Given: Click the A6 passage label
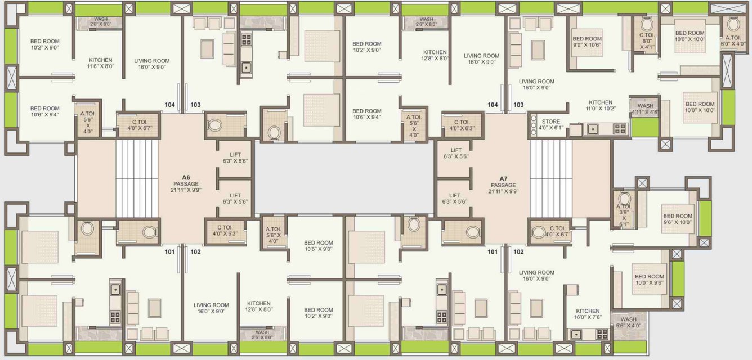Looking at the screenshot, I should (187, 183).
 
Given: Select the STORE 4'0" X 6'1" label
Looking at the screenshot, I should (550, 124).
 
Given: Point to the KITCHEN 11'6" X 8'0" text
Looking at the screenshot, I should (100, 62).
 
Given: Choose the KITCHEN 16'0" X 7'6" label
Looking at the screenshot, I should (587, 313).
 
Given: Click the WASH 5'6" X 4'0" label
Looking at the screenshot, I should (628, 322).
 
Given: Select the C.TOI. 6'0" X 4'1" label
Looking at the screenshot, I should (647, 40).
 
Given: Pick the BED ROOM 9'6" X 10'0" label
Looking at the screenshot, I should (677, 219).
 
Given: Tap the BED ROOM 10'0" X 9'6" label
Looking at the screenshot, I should (649, 279).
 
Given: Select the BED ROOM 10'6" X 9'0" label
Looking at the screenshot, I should (318, 245).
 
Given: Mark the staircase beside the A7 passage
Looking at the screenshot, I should (550, 179).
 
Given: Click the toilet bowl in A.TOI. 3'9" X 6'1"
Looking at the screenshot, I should (624, 199).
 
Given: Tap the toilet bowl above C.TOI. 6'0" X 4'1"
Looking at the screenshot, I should (647, 25).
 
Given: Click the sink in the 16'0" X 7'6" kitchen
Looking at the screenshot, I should (576, 334).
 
